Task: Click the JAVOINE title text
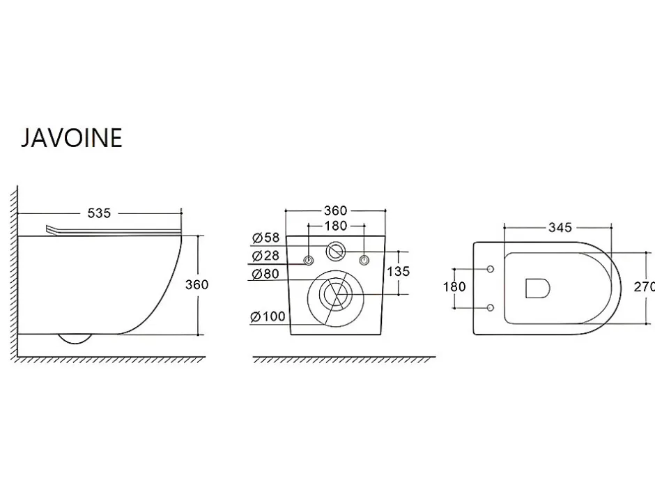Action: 72,138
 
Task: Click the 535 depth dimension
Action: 99,213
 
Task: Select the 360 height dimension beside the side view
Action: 196,285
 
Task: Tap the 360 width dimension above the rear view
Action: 335,210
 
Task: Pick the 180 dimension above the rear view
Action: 336,226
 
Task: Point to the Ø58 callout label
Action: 265,238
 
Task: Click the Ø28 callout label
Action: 265,255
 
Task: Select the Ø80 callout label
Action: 265,274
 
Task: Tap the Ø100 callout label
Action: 268,316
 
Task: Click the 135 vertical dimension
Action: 399,272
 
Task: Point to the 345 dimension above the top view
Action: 560,228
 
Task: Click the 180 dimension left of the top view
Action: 454,287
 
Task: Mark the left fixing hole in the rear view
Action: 308,261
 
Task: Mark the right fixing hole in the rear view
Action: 364,260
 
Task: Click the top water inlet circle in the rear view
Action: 335,252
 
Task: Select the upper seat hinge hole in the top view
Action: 491,269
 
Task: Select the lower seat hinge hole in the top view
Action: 491,308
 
